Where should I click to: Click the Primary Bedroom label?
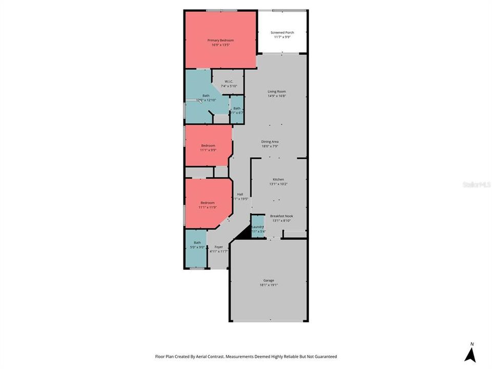tap(220, 40)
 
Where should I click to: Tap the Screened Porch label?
tap(282, 33)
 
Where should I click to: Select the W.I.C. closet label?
tap(229, 81)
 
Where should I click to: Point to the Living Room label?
tap(277, 91)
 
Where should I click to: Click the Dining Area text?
tap(270, 141)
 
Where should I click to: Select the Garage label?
tap(269, 280)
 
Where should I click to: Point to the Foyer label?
tap(218, 247)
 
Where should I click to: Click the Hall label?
tap(240, 194)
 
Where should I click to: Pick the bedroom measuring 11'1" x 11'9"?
tap(208, 205)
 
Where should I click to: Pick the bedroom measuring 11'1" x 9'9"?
tap(208, 148)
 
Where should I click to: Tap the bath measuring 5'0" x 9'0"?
tap(197, 245)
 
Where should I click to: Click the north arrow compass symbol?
tap(470, 354)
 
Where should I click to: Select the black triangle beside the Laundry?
tap(244, 233)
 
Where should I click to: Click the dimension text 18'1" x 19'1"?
tap(269, 285)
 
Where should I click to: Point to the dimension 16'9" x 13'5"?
tap(220, 45)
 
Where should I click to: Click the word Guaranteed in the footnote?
tap(323, 356)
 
